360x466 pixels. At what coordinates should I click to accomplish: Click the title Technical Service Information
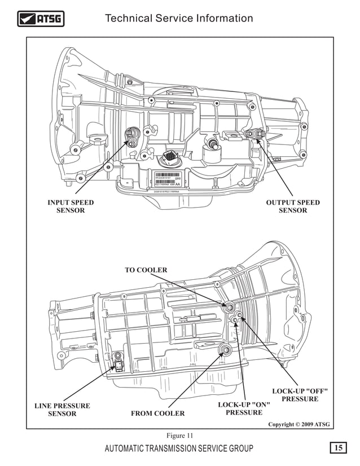(x=179, y=19)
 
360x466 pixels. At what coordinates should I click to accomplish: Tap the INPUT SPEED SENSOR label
(x=71, y=206)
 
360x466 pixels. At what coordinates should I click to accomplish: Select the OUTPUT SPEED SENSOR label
(x=292, y=206)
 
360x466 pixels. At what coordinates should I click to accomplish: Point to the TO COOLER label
(x=146, y=270)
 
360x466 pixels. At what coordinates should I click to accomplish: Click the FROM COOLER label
(x=157, y=414)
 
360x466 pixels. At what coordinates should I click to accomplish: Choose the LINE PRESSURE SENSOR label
(x=62, y=410)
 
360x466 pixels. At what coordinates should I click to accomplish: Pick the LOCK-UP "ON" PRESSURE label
(x=244, y=408)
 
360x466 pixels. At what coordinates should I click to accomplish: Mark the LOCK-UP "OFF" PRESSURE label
(x=300, y=395)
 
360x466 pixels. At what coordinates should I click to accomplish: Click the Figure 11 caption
(x=180, y=436)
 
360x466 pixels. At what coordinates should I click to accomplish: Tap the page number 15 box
(x=338, y=448)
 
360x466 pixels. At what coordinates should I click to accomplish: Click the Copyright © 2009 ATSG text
(x=298, y=424)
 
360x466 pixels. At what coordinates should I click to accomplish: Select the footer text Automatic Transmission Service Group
(x=179, y=449)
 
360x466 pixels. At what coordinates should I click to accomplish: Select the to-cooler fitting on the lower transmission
(x=229, y=307)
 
